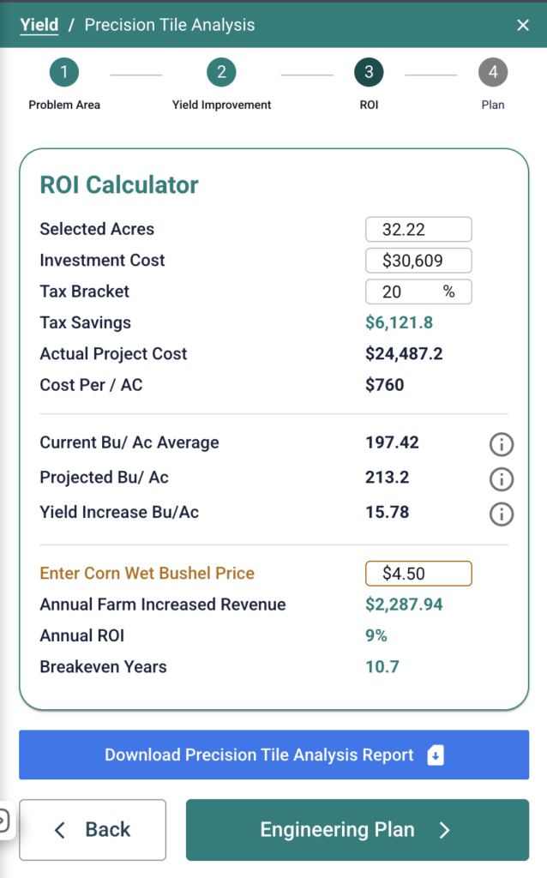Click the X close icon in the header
(x=523, y=25)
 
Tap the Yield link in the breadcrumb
(x=39, y=25)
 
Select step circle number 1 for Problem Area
(x=63, y=72)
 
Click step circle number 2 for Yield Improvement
(x=221, y=72)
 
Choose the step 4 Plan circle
(x=493, y=72)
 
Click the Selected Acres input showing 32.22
(x=418, y=229)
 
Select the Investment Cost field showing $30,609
(x=418, y=261)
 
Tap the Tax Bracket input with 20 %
(x=418, y=292)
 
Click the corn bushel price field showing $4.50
(x=418, y=574)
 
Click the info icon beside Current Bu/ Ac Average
(x=501, y=444)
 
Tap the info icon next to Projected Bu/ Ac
(x=501, y=478)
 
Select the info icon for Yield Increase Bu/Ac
(x=501, y=514)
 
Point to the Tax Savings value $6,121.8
(x=400, y=322)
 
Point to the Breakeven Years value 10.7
(x=382, y=667)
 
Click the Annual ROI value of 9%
(x=376, y=635)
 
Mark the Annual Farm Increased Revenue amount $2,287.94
(x=404, y=604)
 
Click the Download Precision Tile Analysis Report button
(x=273, y=755)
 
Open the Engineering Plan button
(x=358, y=830)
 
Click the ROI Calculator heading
(x=119, y=185)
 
